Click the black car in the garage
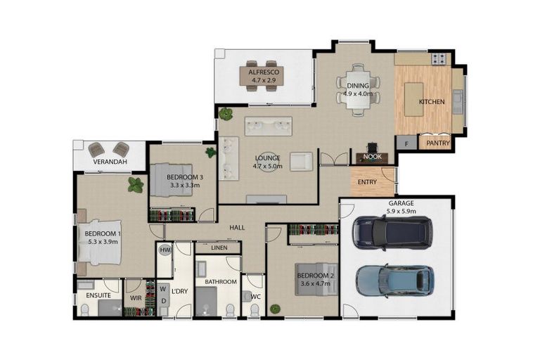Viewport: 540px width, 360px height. coord(393,233)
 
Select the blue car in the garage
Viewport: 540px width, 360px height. coord(394,281)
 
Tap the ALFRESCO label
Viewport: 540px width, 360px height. coord(264,72)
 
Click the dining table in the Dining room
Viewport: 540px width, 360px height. coord(357,91)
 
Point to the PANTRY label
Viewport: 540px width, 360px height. coord(435,143)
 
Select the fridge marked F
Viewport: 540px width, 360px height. coord(406,143)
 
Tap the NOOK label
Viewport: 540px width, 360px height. coord(373,157)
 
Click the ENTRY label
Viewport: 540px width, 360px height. coord(367,182)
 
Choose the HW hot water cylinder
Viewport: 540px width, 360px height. coord(165,250)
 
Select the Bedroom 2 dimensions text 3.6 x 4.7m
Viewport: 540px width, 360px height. coord(314,283)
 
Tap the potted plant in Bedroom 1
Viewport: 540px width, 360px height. coord(136,186)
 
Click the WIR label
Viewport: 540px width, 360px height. coord(136,298)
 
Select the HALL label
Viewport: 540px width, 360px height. coord(236,227)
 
